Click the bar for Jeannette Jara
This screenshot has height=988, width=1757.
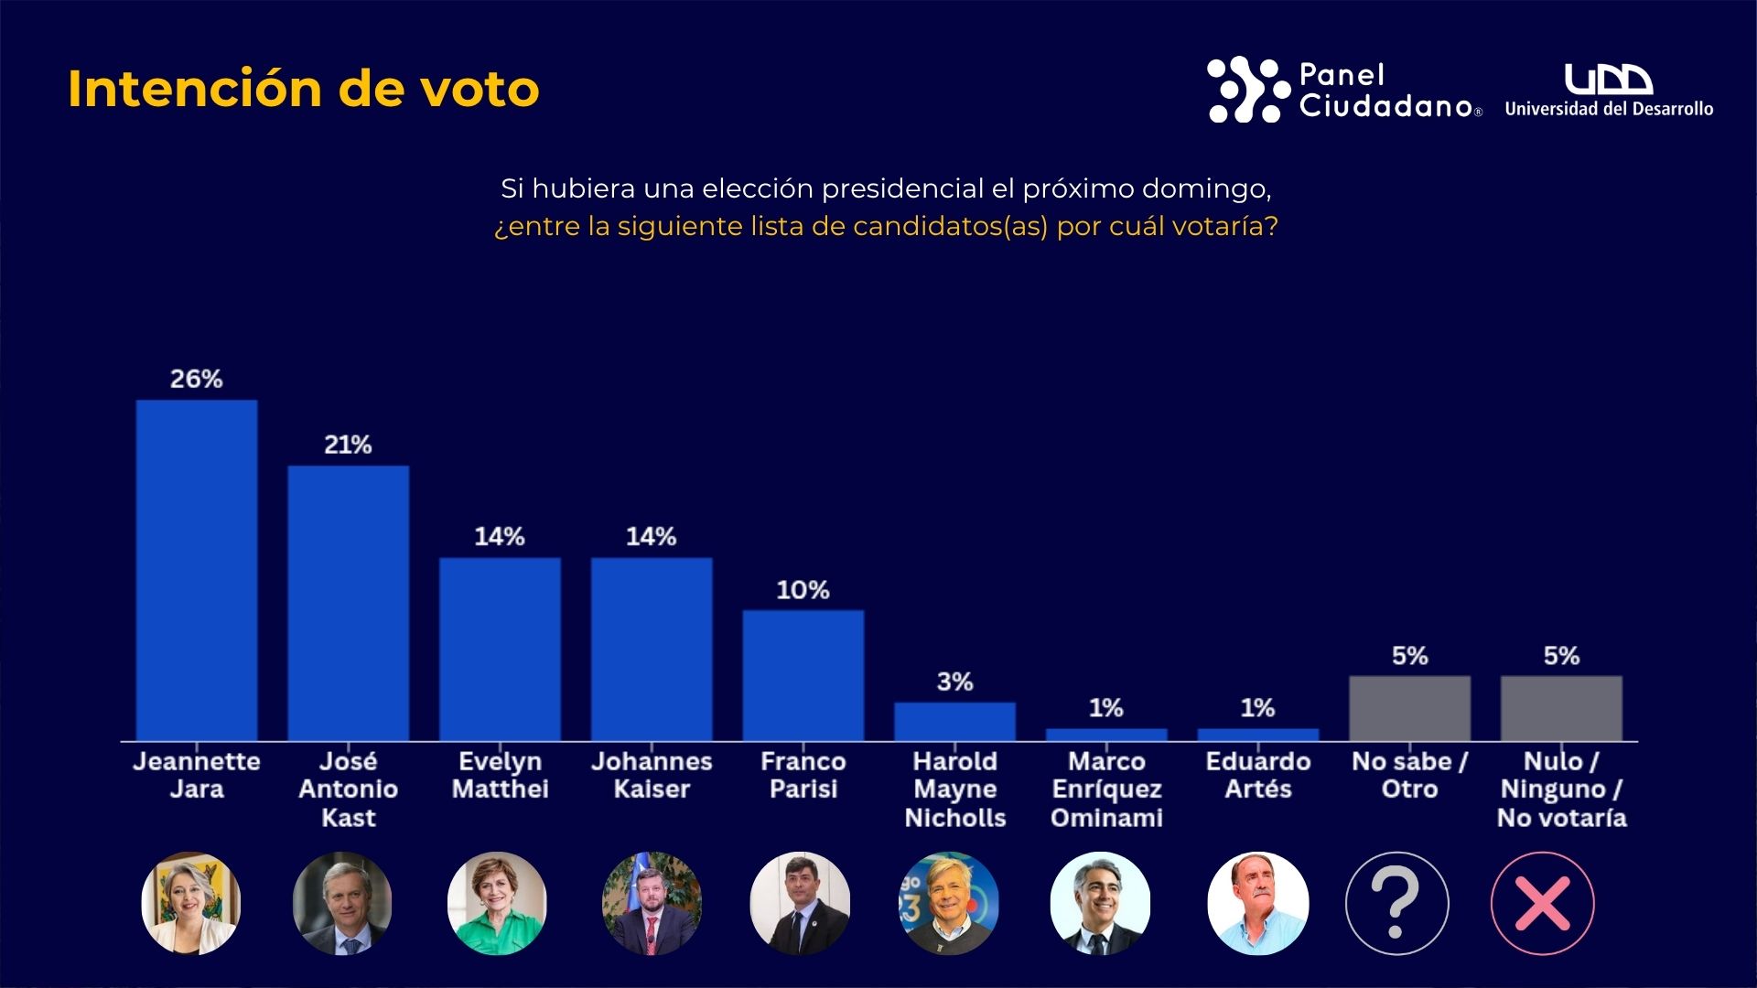coord(197,570)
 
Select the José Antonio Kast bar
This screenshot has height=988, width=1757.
coord(349,603)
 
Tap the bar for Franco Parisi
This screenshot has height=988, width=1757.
coord(803,675)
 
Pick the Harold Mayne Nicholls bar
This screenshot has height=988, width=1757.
coord(954,721)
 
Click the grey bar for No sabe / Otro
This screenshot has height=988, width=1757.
coord(1409,708)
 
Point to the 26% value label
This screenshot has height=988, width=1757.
coord(197,379)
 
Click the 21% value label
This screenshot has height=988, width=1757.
coord(348,445)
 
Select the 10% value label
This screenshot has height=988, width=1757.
coord(803,590)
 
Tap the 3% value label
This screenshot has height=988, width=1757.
coord(954,682)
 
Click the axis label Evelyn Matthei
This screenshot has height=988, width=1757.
coord(500,775)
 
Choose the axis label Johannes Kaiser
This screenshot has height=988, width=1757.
coord(652,775)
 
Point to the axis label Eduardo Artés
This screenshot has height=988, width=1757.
coord(1258,775)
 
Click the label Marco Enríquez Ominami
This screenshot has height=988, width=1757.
coord(1106,789)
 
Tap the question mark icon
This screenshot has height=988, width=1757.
coord(1396,904)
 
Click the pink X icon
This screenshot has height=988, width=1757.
coord(1543,904)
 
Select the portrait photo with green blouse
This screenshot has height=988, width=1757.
coord(497,904)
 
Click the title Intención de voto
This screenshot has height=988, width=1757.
coord(304,89)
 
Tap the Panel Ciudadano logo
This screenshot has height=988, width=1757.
coord(1343,90)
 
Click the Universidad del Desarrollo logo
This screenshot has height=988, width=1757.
coord(1609,91)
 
